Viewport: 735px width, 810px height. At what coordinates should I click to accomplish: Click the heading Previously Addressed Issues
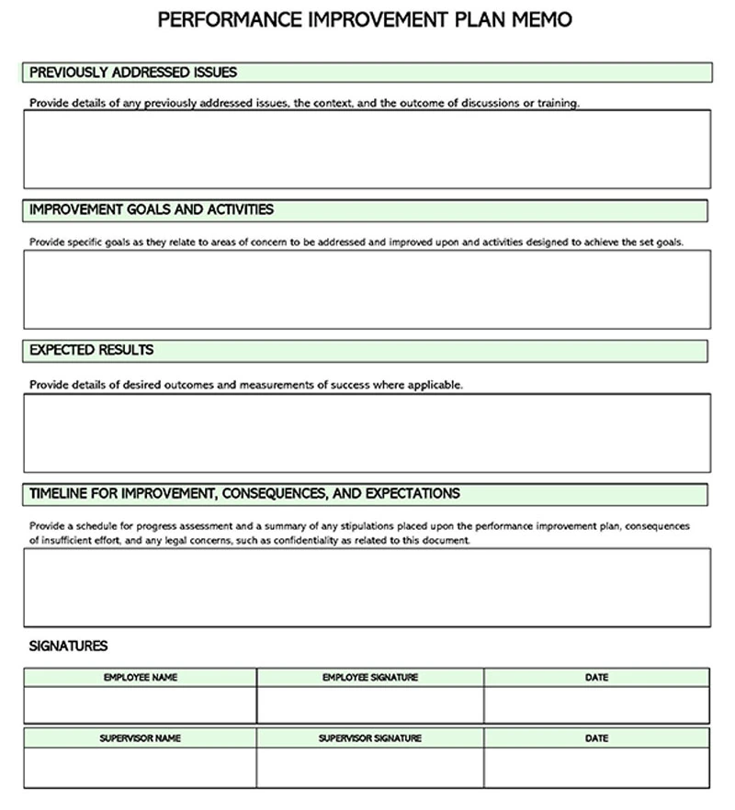click(133, 72)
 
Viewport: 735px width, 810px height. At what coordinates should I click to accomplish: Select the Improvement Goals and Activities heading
click(152, 210)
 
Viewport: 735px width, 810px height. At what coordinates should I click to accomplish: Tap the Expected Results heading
click(92, 350)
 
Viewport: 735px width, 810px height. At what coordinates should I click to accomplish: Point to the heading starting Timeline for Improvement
click(244, 493)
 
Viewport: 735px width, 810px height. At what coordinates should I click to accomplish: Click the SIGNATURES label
click(68, 647)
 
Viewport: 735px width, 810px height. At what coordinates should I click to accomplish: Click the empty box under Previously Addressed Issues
click(367, 149)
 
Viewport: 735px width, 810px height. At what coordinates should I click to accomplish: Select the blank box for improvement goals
click(367, 288)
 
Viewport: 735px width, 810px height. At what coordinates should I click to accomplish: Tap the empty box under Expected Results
click(367, 433)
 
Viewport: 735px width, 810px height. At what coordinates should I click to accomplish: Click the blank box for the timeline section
click(367, 587)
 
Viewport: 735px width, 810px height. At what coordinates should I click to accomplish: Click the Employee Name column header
click(141, 678)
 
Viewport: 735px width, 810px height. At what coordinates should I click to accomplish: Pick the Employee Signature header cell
click(370, 678)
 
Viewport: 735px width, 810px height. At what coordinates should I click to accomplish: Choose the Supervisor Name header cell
click(141, 738)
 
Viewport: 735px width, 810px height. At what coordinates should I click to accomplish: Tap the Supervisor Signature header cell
click(370, 738)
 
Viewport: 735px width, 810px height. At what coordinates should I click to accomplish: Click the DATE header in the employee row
click(596, 678)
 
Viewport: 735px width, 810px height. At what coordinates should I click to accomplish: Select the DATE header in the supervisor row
click(596, 738)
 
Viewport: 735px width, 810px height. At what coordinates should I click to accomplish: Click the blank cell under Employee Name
click(141, 705)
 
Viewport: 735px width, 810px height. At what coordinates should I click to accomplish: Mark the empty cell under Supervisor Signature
click(370, 768)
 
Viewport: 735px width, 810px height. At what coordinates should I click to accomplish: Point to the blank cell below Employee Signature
click(370, 705)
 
